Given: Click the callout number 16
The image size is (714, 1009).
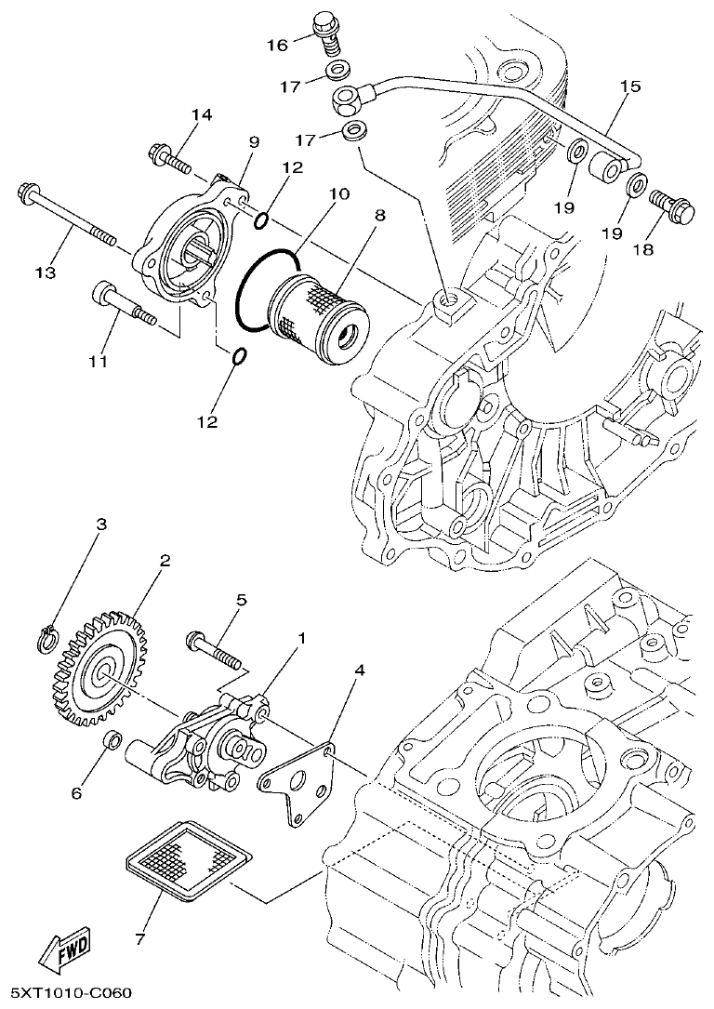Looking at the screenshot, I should [x=278, y=45].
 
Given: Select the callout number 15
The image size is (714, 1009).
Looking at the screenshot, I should [x=630, y=87].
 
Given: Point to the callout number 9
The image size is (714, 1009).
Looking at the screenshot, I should [x=252, y=141].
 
